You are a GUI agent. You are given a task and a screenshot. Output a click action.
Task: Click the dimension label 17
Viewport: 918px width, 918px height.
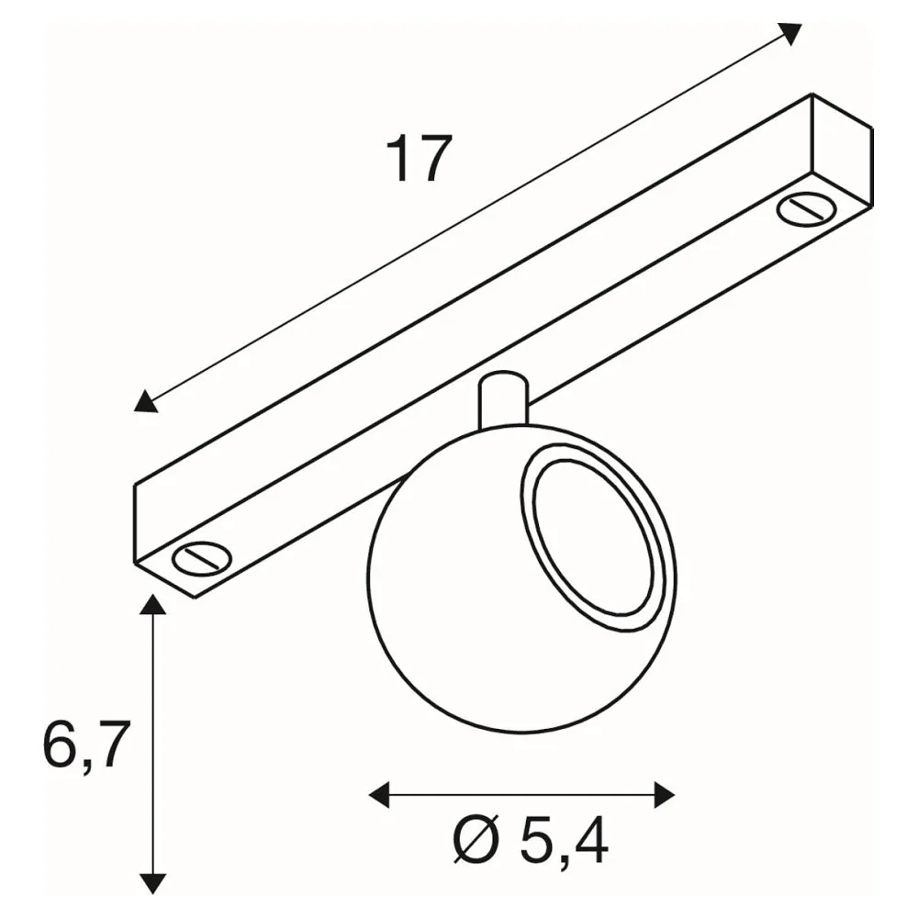pos(420,159)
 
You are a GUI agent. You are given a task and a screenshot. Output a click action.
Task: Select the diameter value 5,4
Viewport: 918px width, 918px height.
pos(564,841)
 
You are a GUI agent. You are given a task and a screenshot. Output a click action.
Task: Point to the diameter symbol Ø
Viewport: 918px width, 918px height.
pos(476,841)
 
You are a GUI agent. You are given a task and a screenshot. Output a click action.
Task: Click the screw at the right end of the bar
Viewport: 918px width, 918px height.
pos(806,210)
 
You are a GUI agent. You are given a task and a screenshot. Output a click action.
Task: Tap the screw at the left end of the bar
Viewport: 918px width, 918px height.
pos(202,558)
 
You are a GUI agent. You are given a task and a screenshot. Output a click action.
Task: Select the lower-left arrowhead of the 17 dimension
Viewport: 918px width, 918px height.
pos(145,402)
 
